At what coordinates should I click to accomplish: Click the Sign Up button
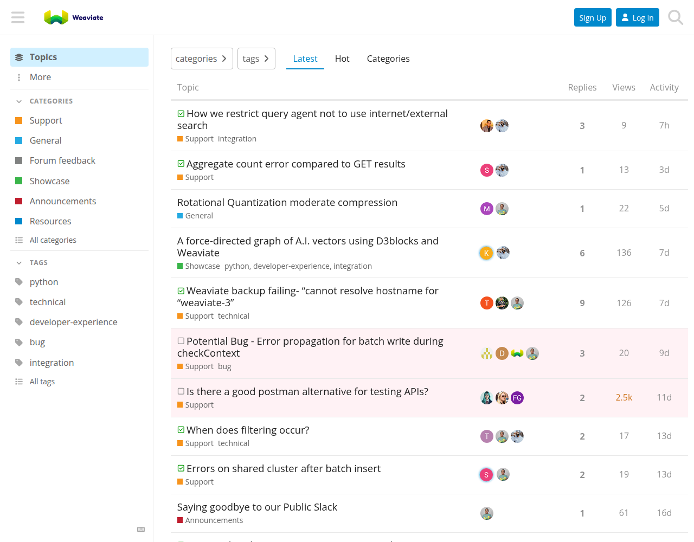click(593, 17)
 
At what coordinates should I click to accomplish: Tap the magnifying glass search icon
click(676, 17)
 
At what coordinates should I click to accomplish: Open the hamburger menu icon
click(18, 17)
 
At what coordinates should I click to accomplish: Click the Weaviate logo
click(73, 17)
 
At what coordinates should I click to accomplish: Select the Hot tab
click(342, 59)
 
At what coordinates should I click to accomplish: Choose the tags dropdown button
click(256, 59)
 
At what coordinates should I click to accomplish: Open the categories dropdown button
click(202, 59)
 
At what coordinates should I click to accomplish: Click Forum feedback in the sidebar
click(62, 160)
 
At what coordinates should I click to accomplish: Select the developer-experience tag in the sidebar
click(73, 322)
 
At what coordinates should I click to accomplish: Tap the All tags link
click(42, 382)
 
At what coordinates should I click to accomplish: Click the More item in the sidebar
click(40, 77)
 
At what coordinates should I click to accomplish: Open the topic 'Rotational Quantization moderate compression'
click(287, 202)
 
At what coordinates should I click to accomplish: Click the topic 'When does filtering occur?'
click(248, 430)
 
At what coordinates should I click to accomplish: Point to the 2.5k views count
click(624, 397)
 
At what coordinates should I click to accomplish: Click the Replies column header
click(582, 87)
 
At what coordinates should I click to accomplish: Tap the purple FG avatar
click(517, 398)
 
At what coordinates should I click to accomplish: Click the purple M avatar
click(486, 209)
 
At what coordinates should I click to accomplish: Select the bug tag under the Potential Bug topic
click(224, 366)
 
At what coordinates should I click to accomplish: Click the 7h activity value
click(664, 125)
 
